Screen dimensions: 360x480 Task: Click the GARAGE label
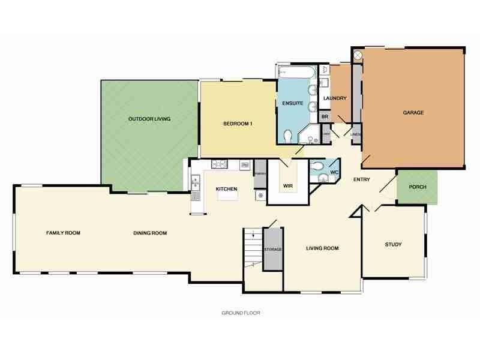click(413, 113)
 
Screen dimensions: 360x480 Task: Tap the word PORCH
click(418, 187)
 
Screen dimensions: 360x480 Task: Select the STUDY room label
click(393, 245)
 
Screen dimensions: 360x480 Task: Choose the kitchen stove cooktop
click(218, 164)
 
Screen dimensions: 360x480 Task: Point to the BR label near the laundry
click(325, 116)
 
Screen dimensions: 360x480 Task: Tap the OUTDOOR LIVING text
click(149, 119)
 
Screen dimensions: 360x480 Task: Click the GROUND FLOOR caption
click(241, 313)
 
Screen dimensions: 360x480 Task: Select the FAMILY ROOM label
click(64, 233)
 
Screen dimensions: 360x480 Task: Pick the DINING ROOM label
click(150, 233)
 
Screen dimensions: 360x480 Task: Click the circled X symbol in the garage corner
click(358, 55)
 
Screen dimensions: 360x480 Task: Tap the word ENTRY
click(361, 179)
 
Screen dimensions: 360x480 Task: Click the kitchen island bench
click(227, 194)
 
